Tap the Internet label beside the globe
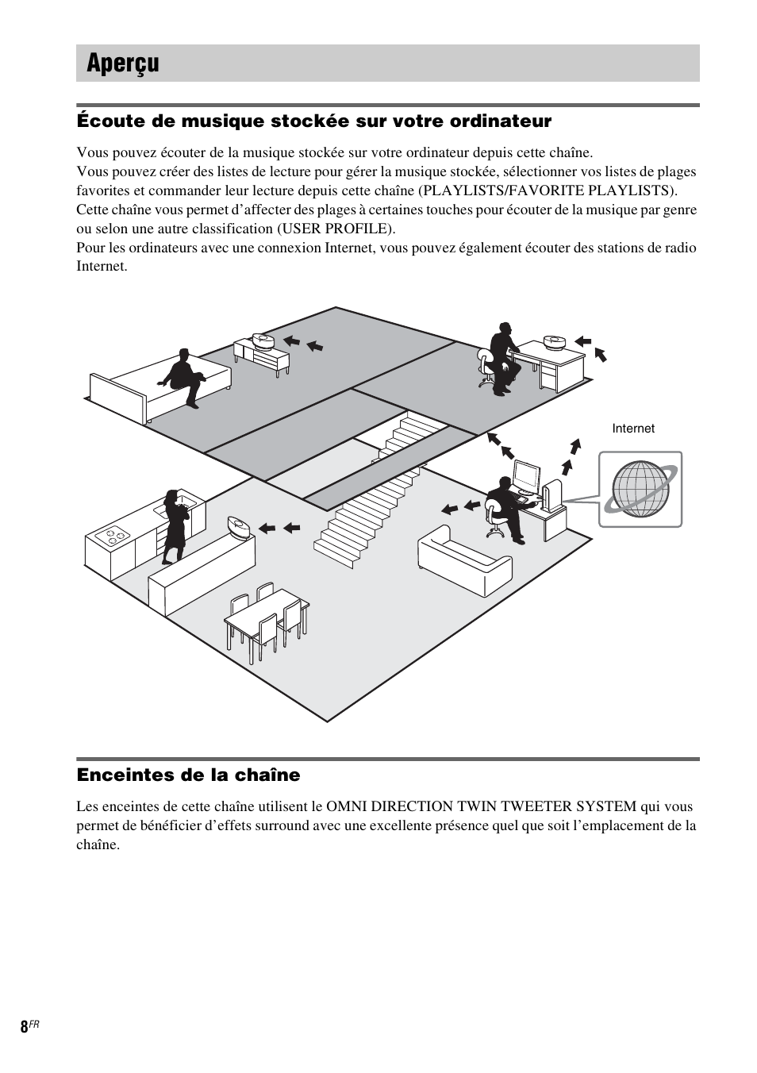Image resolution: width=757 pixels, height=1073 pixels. (632, 429)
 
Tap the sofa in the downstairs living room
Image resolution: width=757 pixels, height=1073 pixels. (464, 560)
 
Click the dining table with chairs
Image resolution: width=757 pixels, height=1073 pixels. (266, 618)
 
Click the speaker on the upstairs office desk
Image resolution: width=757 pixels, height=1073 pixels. (554, 343)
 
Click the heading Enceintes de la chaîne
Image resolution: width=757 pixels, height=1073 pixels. (188, 775)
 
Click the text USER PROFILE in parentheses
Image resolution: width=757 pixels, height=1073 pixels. (335, 229)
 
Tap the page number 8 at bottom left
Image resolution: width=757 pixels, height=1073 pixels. (24, 1026)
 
